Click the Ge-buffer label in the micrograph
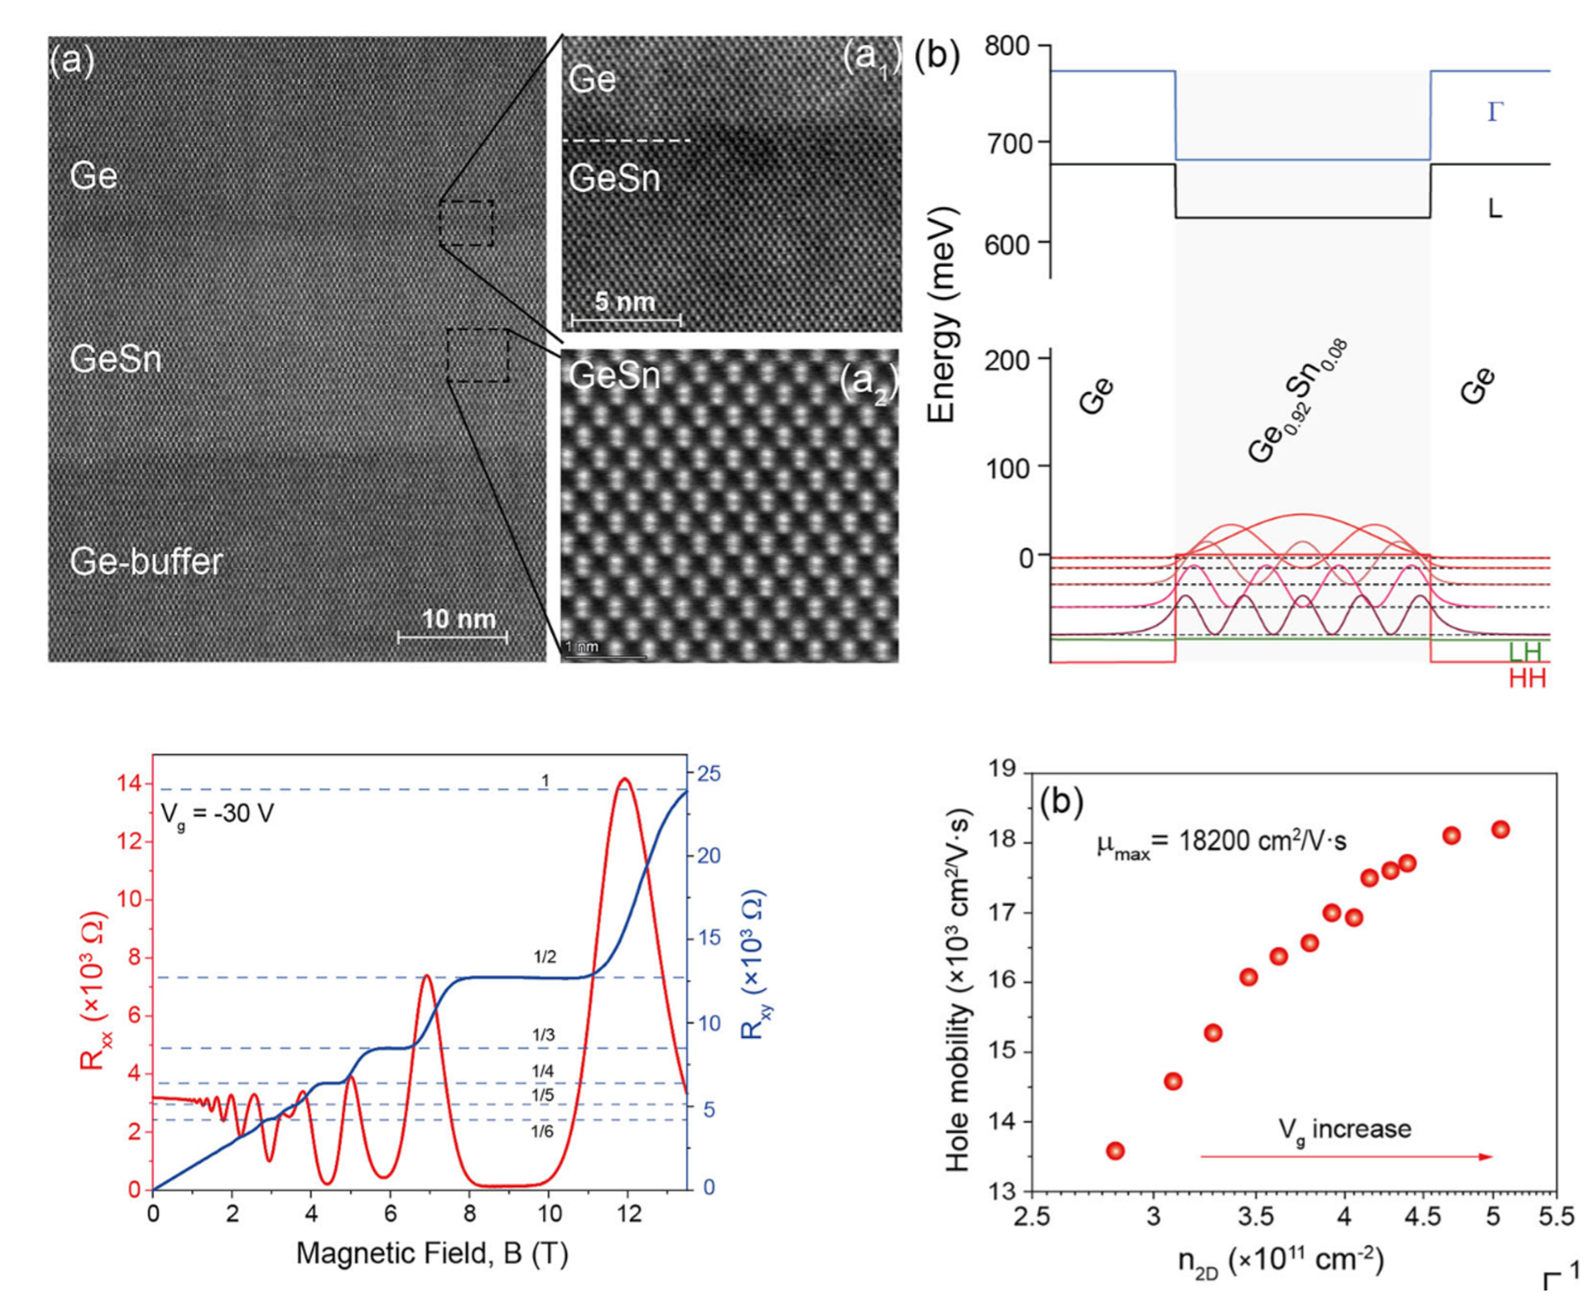pos(146,562)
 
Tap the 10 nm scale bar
pos(452,637)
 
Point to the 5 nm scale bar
pos(625,320)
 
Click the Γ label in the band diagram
pos(1496,112)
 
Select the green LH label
pos(1525,652)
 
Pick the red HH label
pos(1527,679)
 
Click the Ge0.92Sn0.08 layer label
pos(1297,402)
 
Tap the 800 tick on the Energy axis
pos(1008,46)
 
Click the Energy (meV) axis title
pos(942,315)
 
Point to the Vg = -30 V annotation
pos(217,813)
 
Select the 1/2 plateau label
pos(545,957)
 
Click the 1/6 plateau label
pos(542,1132)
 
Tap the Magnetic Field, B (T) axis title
pos(432,1253)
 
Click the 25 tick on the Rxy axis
pos(709,773)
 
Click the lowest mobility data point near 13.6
pos(1115,1151)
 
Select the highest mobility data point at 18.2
pos(1500,829)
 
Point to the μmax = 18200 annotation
pos(1221,843)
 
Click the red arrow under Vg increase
pos(1346,1156)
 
